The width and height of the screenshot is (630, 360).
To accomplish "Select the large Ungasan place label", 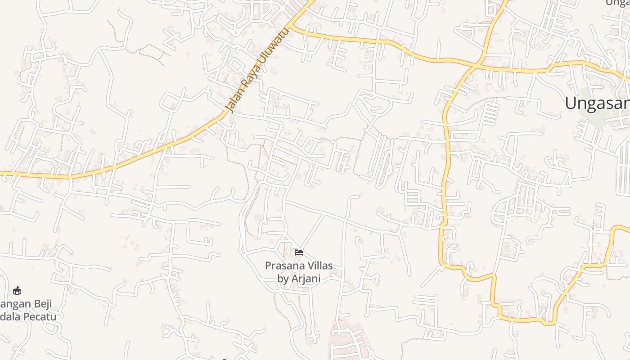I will [597, 103].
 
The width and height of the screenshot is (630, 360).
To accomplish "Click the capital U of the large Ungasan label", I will [571, 103].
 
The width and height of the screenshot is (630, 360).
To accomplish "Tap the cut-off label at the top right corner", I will [618, 3].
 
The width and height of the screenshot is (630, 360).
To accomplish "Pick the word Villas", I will [319, 265].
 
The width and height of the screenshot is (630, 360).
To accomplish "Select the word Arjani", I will [306, 279].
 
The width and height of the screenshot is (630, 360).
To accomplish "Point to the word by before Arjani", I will [283, 279].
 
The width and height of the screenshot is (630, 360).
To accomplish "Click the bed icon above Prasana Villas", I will [299, 252].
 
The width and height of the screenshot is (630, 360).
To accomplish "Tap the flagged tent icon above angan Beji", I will [17, 290].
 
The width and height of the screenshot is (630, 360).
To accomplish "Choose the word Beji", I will [40, 304].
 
